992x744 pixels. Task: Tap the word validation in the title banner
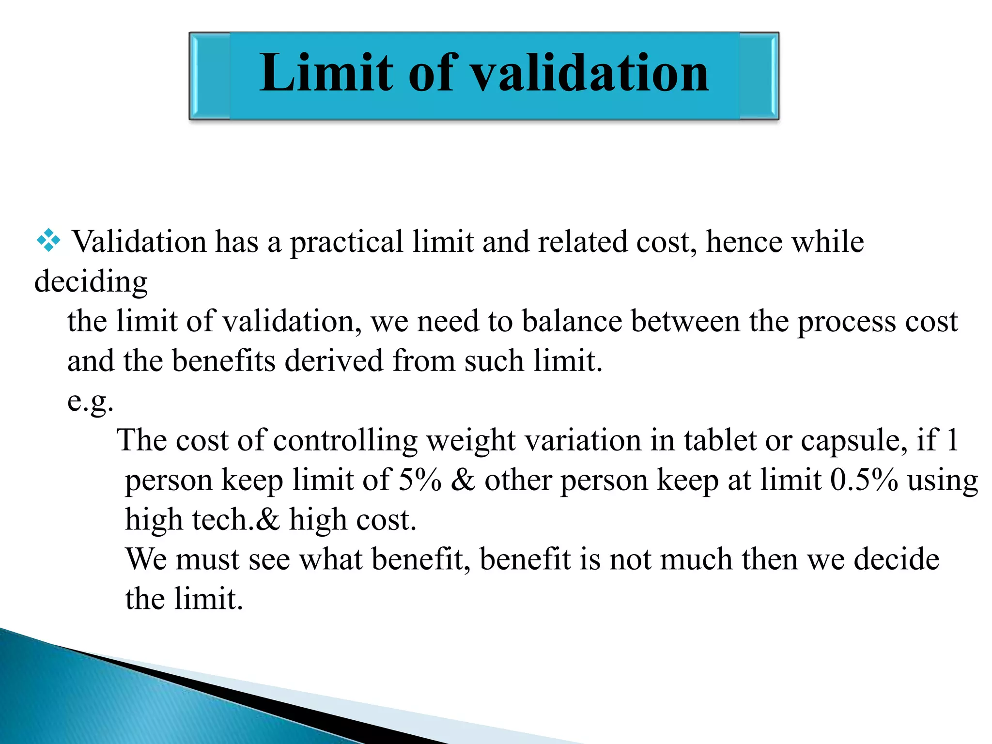(589, 73)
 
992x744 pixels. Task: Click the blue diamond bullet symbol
(48, 240)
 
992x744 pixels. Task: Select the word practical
(346, 242)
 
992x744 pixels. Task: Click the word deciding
(91, 281)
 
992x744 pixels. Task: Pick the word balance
(572, 321)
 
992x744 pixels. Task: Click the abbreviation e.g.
(91, 402)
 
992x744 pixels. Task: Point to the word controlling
(345, 440)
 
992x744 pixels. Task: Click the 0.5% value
(864, 480)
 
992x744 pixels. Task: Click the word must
(207, 559)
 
